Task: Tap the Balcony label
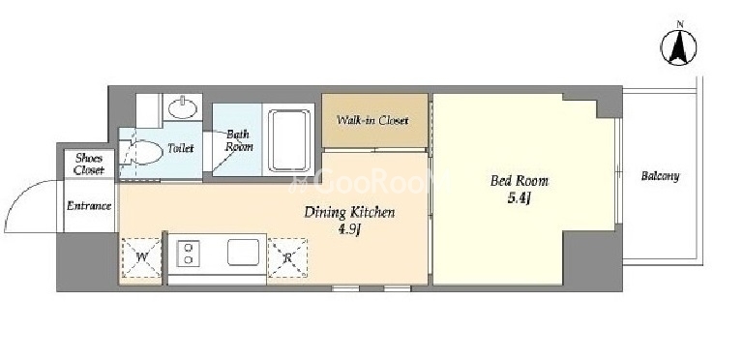coord(660,176)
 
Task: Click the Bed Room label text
coord(519,180)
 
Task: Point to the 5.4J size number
coord(519,198)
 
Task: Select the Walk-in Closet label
coord(372,120)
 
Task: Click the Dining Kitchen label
coord(349,213)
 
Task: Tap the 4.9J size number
coord(349,231)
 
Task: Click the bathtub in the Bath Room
coord(289,140)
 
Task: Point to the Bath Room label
coord(238,140)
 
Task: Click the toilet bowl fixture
coord(140,152)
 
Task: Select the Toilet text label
coord(181,148)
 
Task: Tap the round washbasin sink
coord(183,108)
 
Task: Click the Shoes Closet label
coord(89,165)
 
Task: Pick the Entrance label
coord(89,206)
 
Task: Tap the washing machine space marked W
coord(141,257)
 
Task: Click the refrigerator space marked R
coord(287,257)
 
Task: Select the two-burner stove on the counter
coord(188,254)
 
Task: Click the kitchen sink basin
coord(243,252)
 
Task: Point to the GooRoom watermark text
coord(368,181)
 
